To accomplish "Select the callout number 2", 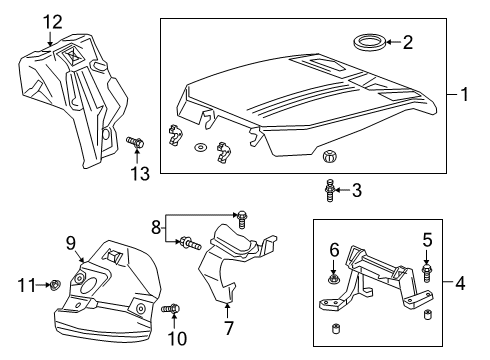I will tap(407, 42).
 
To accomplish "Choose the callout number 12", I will tap(51, 21).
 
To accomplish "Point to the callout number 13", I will tap(139, 174).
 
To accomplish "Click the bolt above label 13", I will tap(137, 144).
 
